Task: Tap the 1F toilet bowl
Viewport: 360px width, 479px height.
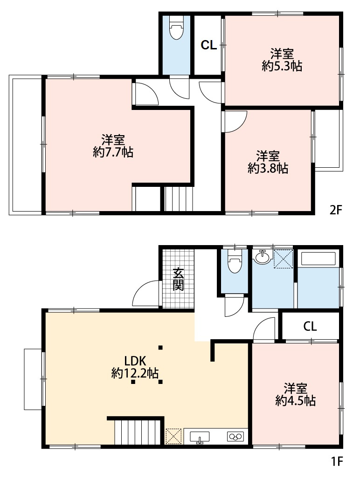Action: coord(235,262)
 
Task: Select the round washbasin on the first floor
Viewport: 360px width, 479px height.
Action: coord(262,257)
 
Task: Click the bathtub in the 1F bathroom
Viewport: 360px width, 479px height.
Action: coord(318,259)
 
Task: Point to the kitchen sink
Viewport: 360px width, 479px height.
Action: coord(200,437)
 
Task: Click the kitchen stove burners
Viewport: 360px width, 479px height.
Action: coord(235,437)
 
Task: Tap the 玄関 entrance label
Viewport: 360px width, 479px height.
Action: coord(178,279)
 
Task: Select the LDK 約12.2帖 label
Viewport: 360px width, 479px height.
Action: coord(135,367)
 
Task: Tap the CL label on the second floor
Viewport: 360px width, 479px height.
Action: coord(209,45)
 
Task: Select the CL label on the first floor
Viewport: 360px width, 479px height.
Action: coord(310,326)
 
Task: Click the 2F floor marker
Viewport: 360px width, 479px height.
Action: coord(336,210)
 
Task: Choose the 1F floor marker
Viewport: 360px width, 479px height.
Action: coord(337,461)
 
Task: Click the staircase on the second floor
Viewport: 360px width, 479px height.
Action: coord(179,199)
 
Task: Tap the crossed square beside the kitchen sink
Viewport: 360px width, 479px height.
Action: coord(173,437)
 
